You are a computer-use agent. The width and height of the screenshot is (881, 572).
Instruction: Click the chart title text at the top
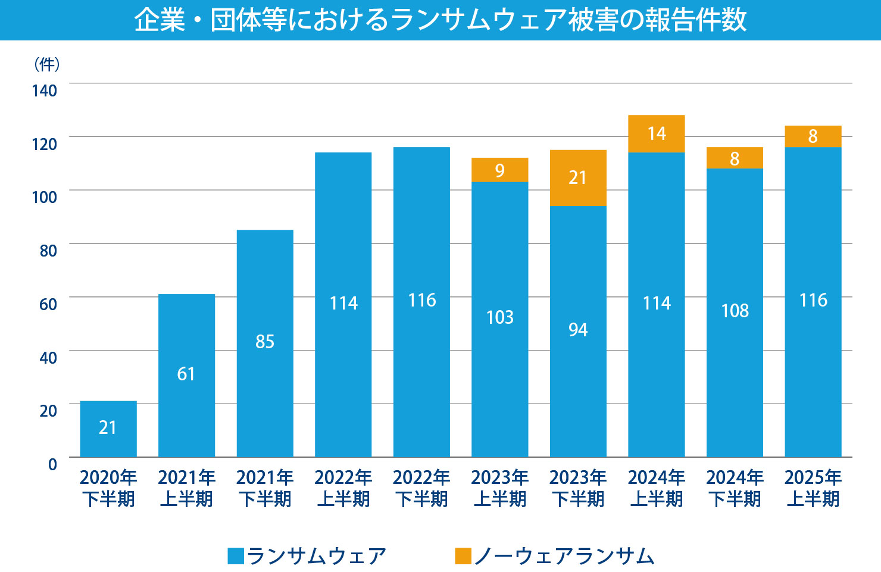[440, 20]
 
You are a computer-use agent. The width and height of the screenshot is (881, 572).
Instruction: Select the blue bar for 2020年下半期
[108, 429]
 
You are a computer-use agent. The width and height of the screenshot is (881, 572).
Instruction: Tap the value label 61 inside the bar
[186, 374]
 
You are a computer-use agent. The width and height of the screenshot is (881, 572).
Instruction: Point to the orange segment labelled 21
[578, 177]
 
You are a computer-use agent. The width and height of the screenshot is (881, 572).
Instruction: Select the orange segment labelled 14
[657, 133]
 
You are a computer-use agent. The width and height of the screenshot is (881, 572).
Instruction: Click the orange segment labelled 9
[500, 170]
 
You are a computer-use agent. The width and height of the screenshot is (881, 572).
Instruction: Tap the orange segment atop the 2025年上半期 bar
[813, 136]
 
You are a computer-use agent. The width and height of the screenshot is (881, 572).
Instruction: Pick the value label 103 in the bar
[500, 317]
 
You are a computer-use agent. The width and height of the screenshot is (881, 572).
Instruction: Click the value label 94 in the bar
[578, 330]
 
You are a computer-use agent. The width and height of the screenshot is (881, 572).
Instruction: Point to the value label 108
[735, 311]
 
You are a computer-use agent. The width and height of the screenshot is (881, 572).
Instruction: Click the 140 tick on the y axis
[45, 90]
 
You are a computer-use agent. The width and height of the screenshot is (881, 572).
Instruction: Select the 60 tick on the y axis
[48, 304]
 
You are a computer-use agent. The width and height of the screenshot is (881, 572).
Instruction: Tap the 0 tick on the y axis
[52, 464]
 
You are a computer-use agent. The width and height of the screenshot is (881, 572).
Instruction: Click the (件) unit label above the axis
[46, 64]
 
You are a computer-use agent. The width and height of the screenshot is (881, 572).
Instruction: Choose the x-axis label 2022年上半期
[343, 488]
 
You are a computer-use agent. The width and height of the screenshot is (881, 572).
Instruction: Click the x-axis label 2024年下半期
[735, 488]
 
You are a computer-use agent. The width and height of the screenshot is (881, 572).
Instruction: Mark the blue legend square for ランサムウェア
[236, 556]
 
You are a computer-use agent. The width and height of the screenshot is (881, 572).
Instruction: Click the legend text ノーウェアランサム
[564, 556]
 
